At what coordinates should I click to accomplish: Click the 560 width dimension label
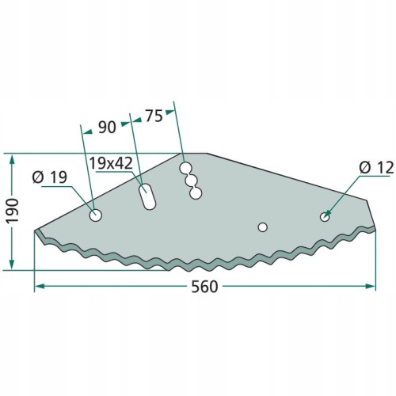click(204, 287)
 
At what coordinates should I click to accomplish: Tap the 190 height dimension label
click(13, 211)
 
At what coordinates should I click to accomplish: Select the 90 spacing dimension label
click(107, 127)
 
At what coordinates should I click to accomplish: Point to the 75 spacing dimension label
click(154, 116)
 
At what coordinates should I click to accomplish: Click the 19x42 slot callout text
click(111, 163)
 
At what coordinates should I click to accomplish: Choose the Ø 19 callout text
click(50, 177)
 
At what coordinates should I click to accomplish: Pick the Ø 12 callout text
click(376, 168)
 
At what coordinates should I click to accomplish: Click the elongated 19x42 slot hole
click(147, 196)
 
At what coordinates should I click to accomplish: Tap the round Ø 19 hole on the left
click(96, 215)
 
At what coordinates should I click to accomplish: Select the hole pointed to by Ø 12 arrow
click(325, 217)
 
